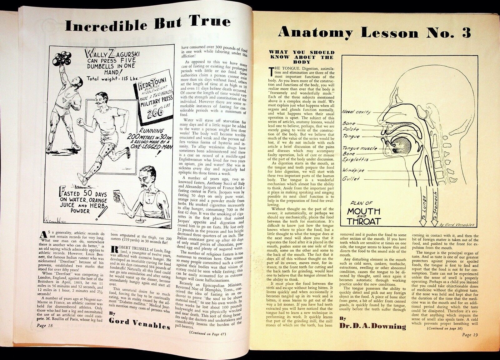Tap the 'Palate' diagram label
point(351,129)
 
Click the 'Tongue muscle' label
point(359,148)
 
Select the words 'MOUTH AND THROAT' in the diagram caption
point(364,216)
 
